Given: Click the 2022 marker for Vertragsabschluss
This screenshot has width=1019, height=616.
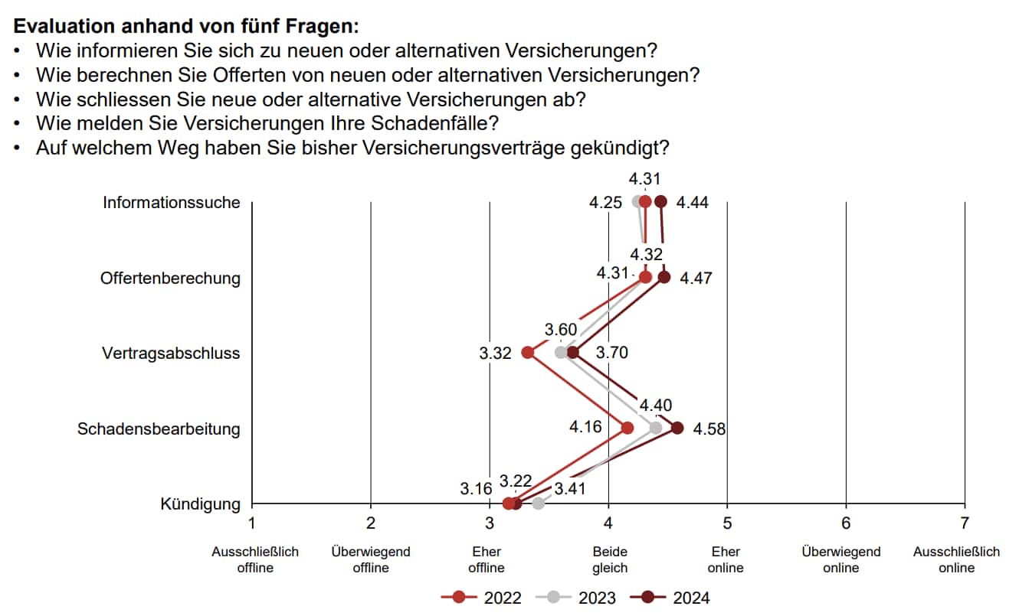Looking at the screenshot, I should point(527,352).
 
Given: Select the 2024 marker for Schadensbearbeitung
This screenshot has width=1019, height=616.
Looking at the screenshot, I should point(677,428).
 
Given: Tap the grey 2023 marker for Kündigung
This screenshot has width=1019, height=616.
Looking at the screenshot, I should point(538,503).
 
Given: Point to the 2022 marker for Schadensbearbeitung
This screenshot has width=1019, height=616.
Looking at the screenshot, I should point(627,428).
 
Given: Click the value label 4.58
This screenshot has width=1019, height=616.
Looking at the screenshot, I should point(709,429).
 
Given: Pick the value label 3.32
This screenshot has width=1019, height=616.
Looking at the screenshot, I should point(495,354).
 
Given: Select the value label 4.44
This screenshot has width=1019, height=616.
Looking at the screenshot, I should point(693,203).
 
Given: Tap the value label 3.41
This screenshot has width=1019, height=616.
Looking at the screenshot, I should point(569,487).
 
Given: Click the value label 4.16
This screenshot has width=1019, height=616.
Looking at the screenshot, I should point(585,425).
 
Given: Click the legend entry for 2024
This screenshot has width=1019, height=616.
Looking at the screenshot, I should point(670,598).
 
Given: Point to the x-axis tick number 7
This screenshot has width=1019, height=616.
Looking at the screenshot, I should point(964,523).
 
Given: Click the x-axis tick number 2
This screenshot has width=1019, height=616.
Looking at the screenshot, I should point(371,523).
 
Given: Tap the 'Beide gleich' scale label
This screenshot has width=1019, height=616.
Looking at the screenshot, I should point(610,559).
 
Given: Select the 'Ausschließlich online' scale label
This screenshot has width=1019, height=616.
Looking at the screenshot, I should point(956,559).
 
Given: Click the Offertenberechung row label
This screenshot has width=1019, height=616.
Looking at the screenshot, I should point(170,278).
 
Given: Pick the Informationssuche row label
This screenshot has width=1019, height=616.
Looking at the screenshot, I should point(172,203).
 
